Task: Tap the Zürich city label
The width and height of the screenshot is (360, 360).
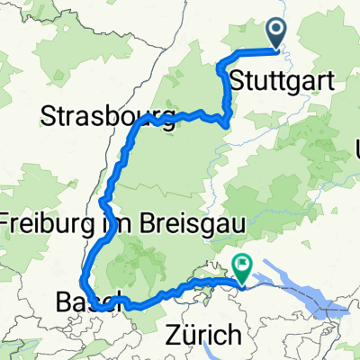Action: coord(204,336)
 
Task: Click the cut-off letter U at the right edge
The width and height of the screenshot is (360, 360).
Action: coord(357,147)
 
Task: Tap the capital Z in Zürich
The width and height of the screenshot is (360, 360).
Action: coord(173,336)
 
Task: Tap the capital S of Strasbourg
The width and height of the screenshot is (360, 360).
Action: coord(48,115)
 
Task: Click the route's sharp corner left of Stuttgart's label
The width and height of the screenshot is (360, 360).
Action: coord(220,63)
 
